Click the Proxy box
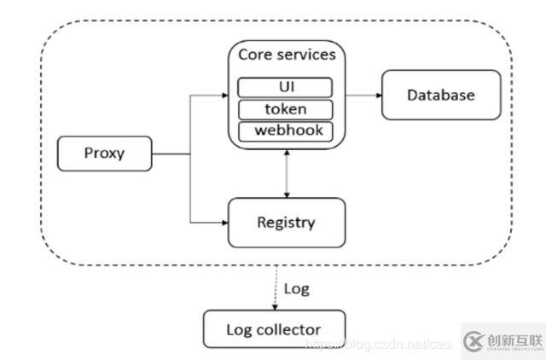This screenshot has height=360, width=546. (x=104, y=154)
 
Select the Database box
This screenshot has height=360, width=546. (x=440, y=95)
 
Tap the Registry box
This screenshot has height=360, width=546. (x=286, y=223)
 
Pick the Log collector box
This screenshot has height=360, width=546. (x=273, y=329)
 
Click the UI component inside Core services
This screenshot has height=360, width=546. (x=285, y=87)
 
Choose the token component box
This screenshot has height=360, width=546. (x=285, y=109)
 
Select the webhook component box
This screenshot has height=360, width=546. (x=285, y=131)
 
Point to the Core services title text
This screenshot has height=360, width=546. (x=286, y=55)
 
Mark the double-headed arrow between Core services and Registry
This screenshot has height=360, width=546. (x=287, y=174)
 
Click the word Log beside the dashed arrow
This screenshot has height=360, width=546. (x=296, y=288)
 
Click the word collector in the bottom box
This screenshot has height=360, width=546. (x=290, y=329)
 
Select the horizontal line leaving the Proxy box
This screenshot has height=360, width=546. (x=171, y=154)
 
